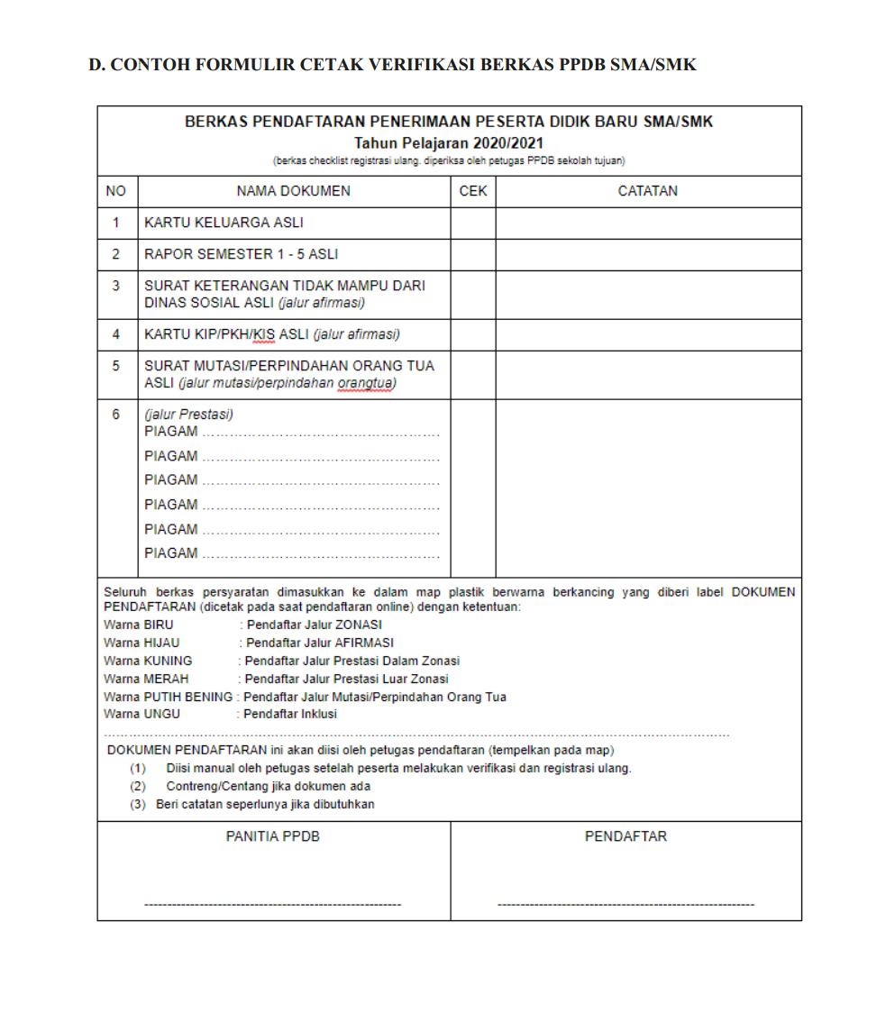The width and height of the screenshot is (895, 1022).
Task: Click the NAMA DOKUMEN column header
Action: click(294, 191)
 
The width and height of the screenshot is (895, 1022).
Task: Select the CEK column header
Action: click(473, 191)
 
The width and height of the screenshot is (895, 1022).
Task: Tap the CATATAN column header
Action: click(648, 191)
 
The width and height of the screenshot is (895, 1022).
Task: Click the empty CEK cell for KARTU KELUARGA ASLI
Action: click(473, 223)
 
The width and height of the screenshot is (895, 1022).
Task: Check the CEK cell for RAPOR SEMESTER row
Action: click(473, 255)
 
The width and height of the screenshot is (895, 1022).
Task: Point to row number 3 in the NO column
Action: click(116, 286)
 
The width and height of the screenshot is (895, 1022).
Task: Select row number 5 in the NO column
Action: click(116, 367)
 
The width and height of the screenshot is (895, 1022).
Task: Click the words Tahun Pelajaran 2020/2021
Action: click(449, 143)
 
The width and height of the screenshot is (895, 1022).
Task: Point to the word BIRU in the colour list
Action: click(159, 624)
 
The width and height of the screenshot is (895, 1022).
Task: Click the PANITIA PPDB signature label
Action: click(272, 836)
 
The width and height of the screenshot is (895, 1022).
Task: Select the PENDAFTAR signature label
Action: click(626, 836)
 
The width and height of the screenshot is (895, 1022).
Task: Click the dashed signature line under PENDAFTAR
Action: click(626, 903)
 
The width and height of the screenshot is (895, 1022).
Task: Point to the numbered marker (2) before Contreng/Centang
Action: click(139, 786)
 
